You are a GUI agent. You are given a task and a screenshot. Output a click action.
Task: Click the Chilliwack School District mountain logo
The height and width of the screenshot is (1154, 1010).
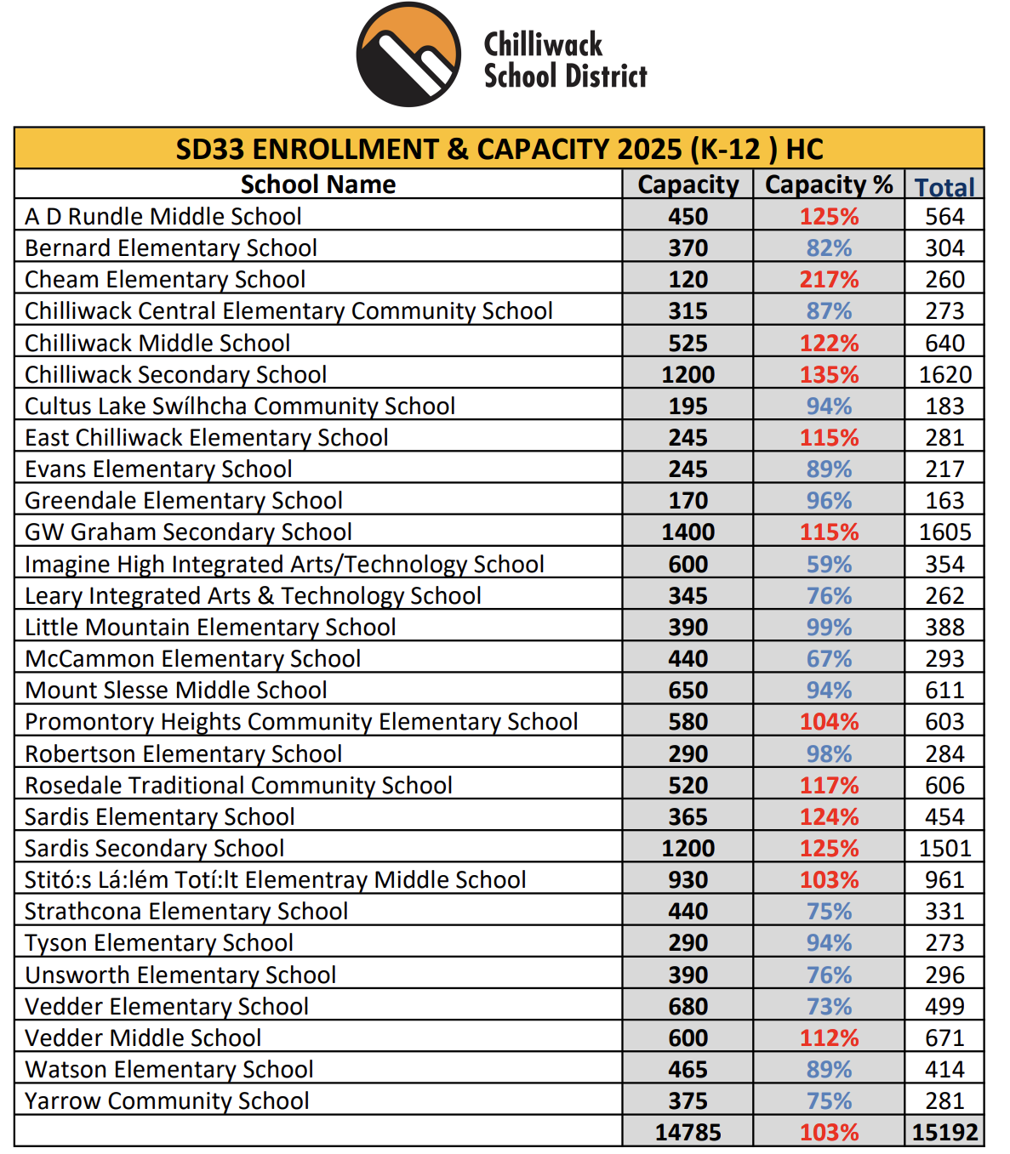[x=408, y=54]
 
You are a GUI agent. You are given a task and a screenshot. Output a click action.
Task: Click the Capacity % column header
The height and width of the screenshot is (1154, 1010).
[x=829, y=185]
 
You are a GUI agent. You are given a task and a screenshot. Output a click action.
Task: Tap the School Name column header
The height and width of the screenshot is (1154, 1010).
[x=318, y=185]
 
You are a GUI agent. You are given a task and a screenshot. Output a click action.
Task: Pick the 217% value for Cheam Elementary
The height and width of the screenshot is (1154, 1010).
[x=829, y=280]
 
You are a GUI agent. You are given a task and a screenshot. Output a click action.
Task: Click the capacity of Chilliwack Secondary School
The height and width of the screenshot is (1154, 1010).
[x=688, y=375]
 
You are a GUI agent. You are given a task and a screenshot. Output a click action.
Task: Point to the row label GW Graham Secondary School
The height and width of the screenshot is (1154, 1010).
[x=188, y=532]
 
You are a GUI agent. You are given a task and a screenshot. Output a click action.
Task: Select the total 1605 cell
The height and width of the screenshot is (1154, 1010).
[x=944, y=532]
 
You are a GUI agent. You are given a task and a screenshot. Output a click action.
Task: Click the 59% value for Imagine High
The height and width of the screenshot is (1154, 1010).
[x=829, y=565]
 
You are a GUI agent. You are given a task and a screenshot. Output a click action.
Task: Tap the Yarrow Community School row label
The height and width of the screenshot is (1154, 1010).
[x=167, y=1101]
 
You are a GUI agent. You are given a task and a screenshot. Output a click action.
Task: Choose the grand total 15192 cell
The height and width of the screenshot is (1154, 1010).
[x=944, y=1133]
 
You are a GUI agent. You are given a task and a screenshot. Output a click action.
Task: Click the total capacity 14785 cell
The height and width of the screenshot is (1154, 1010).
[x=688, y=1133]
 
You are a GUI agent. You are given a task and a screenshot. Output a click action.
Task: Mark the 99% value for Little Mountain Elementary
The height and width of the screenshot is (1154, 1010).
[x=829, y=628]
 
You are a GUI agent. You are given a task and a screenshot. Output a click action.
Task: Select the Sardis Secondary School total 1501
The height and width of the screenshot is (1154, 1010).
[x=944, y=849]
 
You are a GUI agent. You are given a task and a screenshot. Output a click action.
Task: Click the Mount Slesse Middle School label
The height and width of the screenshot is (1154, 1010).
[x=176, y=691]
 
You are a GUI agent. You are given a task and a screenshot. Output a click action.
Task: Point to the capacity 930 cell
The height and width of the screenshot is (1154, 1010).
[x=688, y=880]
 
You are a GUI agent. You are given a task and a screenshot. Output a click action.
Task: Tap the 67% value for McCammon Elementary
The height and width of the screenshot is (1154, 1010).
[x=829, y=659]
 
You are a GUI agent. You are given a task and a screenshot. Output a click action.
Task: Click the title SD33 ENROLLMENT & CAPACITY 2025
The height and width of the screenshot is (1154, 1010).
[x=499, y=149]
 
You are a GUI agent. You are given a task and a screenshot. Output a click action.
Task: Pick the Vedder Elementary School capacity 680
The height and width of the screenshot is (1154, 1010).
[x=688, y=1007]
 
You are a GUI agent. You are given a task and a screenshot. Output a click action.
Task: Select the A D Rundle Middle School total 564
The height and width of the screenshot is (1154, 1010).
[x=944, y=217]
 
